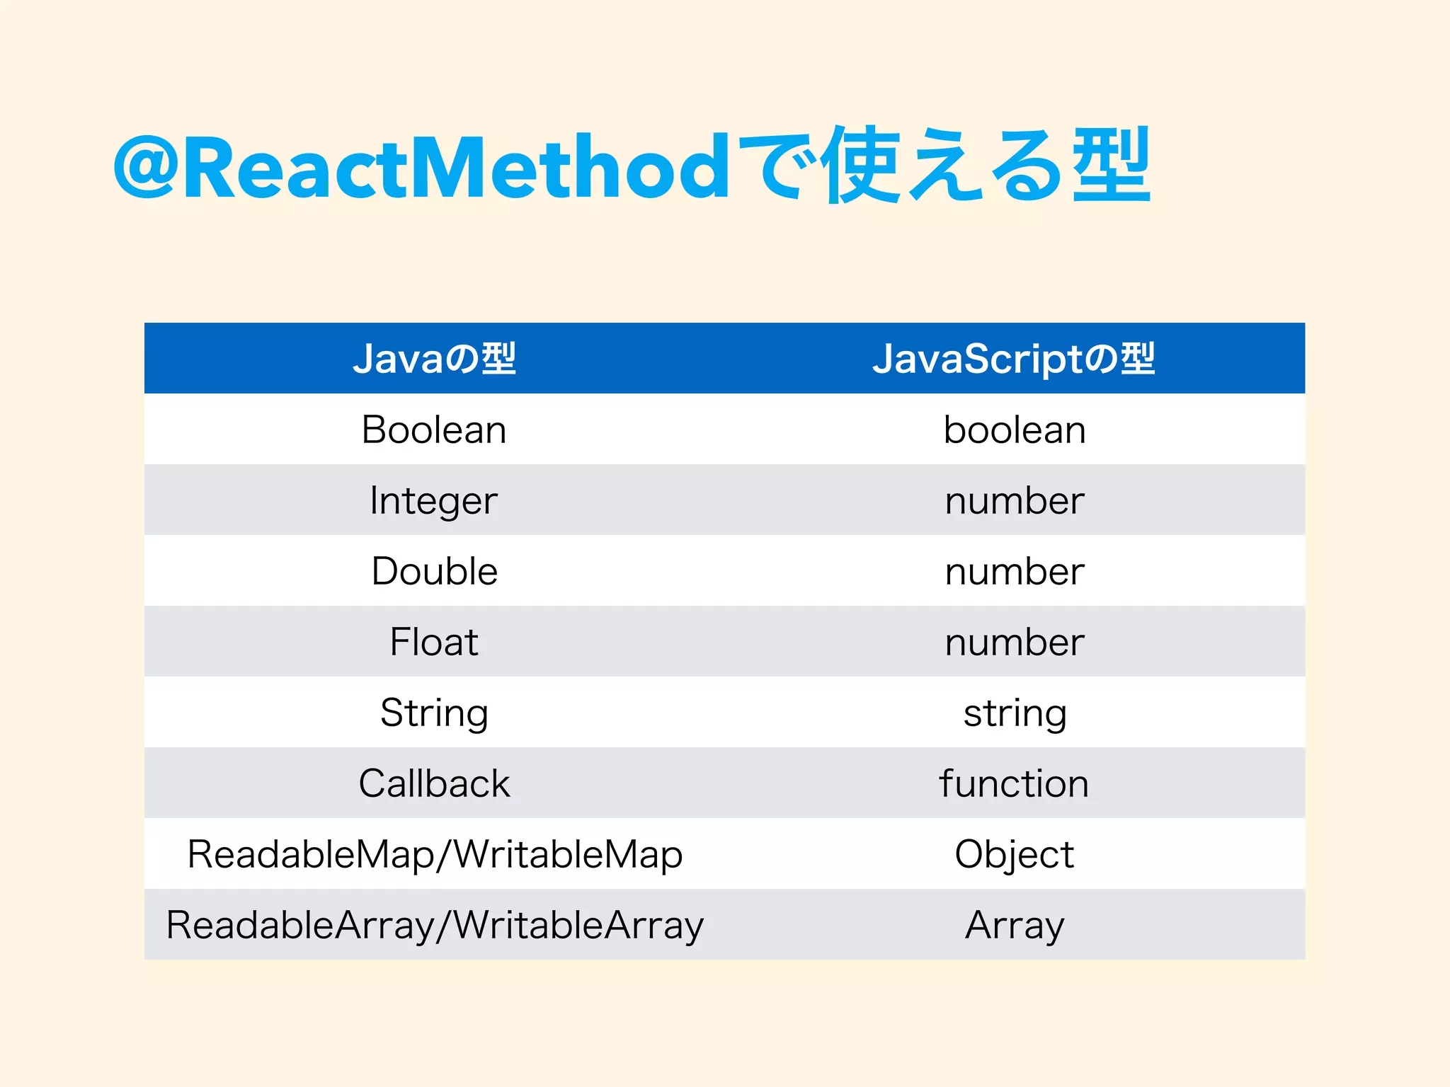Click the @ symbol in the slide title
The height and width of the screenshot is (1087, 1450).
click(x=145, y=168)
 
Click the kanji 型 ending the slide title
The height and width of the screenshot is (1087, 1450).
click(x=1112, y=165)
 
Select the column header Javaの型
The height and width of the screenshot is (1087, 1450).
click(x=434, y=359)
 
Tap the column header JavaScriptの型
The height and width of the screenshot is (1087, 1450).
click(x=1014, y=359)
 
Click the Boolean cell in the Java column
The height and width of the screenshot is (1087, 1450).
click(x=434, y=430)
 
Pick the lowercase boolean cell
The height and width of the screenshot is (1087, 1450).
click(x=1015, y=430)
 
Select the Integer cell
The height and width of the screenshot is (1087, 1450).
click(x=434, y=500)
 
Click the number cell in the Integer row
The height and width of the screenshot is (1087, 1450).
click(x=1015, y=500)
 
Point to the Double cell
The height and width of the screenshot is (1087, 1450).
click(x=434, y=571)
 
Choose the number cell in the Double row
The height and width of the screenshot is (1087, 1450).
click(x=1015, y=571)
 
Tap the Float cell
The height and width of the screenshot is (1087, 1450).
click(x=434, y=642)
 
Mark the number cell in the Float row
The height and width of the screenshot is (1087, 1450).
click(x=1015, y=642)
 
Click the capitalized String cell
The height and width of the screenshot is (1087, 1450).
click(x=434, y=713)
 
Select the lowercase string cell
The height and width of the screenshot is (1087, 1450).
click(x=1015, y=713)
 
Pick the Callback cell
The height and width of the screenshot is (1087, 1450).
click(x=434, y=783)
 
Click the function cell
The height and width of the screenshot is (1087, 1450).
click(x=1014, y=783)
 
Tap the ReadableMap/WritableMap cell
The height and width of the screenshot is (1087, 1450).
click(x=435, y=854)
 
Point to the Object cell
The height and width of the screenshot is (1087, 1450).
click(x=1015, y=854)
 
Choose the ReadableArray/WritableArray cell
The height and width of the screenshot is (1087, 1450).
click(x=435, y=925)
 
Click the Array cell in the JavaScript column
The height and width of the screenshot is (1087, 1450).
click(x=1015, y=925)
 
